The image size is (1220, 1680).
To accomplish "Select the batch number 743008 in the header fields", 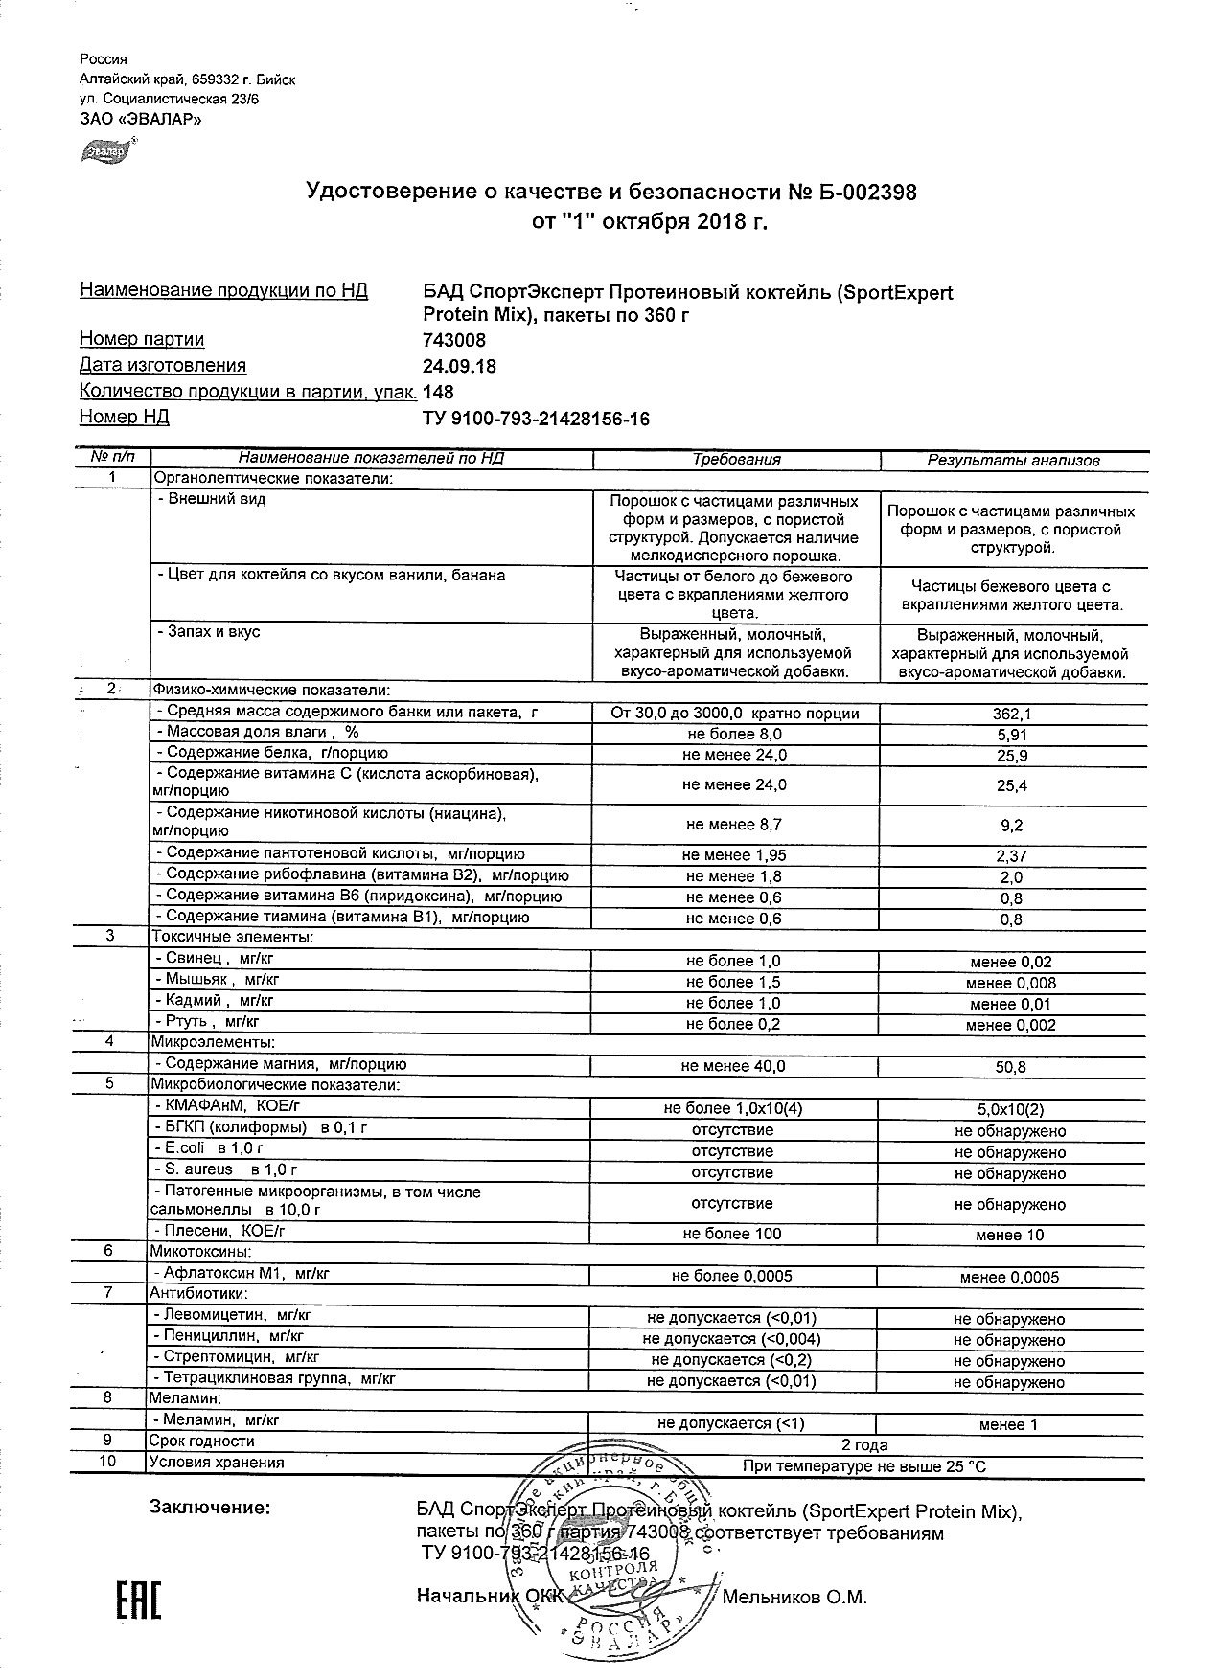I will (x=454, y=340).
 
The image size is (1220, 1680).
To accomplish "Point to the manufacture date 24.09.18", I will (x=459, y=366).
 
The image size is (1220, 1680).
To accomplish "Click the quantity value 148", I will (x=438, y=392).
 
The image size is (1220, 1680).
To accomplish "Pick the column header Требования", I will (x=736, y=460).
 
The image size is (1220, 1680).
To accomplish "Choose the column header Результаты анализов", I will (x=1013, y=461).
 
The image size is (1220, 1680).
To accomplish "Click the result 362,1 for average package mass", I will (x=1012, y=715).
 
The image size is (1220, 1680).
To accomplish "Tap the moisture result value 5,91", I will (x=1012, y=736).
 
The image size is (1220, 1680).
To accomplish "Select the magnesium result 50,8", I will (x=1012, y=1067).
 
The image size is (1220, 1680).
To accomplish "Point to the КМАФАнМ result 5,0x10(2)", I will (x=1011, y=1110).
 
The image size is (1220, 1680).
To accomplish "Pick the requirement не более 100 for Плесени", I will (x=733, y=1234).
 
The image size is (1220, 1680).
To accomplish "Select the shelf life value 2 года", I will (x=864, y=1445).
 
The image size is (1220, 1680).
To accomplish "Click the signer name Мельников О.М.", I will (x=794, y=1598).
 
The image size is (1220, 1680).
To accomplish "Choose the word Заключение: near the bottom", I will (x=210, y=1508).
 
